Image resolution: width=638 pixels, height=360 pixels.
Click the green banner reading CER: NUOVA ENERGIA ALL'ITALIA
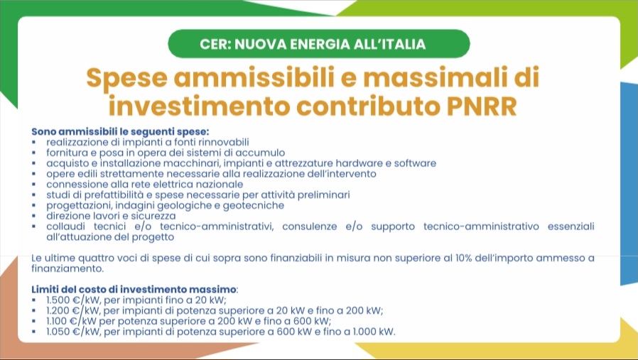click(x=318, y=43)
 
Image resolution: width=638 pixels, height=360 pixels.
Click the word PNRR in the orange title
click(x=482, y=107)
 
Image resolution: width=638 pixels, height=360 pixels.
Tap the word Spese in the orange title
click(x=127, y=78)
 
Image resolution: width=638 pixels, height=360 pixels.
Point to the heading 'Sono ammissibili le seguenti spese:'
click(x=121, y=132)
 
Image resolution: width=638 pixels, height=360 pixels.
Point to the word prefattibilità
click(x=108, y=195)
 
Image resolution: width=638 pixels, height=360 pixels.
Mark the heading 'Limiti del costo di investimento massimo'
click(x=134, y=290)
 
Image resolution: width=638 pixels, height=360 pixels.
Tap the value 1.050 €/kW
click(x=73, y=332)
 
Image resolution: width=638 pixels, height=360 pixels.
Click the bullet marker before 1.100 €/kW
click(x=34, y=322)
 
